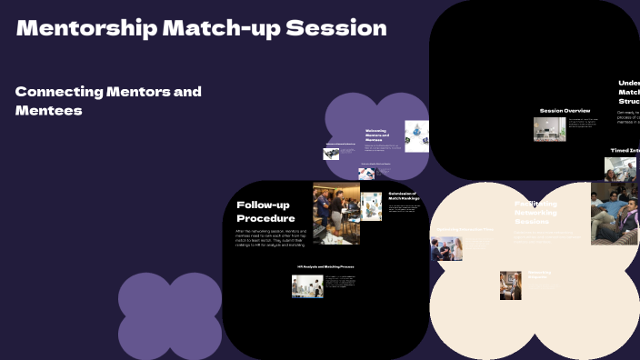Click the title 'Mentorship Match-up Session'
(201, 28)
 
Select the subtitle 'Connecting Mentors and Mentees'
(108, 100)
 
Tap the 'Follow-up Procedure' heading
(265, 211)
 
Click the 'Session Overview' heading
(565, 110)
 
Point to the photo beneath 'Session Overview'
(549, 128)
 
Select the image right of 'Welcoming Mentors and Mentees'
(416, 135)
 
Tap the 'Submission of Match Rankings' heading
(403, 196)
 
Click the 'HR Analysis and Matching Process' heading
(325, 266)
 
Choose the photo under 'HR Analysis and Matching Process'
(307, 286)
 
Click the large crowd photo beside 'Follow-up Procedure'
(335, 213)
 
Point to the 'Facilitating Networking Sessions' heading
(536, 213)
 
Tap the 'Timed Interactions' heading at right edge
(625, 150)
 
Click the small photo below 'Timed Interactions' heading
(620, 169)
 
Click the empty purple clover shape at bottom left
(170, 315)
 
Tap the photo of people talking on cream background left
(446, 248)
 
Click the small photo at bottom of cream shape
(510, 285)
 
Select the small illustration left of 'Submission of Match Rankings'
(371, 206)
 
